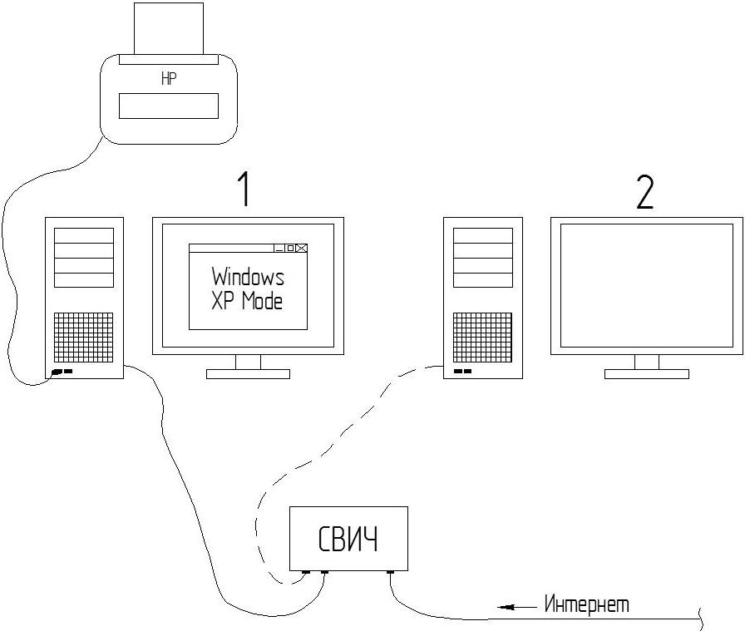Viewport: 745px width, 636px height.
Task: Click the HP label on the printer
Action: pyautogui.click(x=168, y=81)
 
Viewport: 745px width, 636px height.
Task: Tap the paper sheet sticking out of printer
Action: pyautogui.click(x=168, y=28)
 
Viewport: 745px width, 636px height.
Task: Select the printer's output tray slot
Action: pyautogui.click(x=168, y=106)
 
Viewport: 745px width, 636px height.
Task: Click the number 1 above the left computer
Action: pyautogui.click(x=243, y=191)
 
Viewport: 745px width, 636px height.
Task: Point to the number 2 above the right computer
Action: pyautogui.click(x=644, y=192)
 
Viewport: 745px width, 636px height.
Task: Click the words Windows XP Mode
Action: pyautogui.click(x=248, y=288)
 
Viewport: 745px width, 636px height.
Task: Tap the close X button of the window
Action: pyautogui.click(x=301, y=248)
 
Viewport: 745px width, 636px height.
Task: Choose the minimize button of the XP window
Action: pyautogui.click(x=279, y=248)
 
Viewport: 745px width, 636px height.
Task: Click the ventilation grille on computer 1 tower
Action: pyautogui.click(x=84, y=338)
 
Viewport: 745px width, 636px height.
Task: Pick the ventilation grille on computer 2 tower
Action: pyautogui.click(x=482, y=338)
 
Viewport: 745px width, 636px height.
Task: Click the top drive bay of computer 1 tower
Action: pyautogui.click(x=84, y=235)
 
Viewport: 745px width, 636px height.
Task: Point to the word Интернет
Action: pyautogui.click(x=586, y=604)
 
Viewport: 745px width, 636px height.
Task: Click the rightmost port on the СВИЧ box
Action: pyautogui.click(x=390, y=572)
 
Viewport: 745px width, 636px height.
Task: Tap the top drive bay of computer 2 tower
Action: pyautogui.click(x=482, y=235)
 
